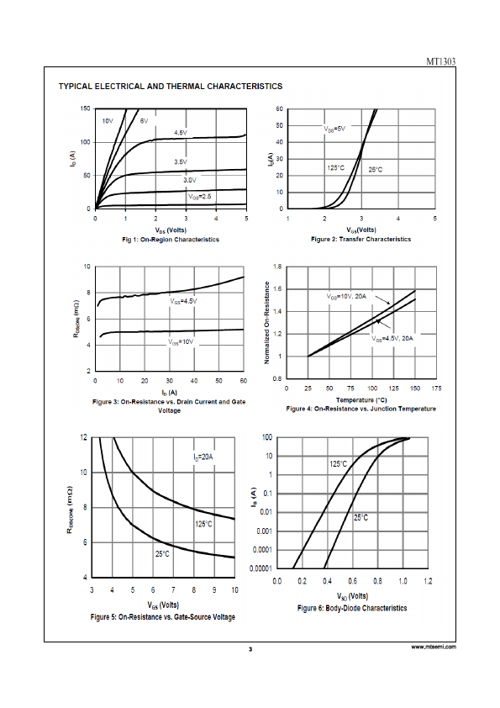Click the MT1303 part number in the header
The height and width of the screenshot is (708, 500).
pos(441,62)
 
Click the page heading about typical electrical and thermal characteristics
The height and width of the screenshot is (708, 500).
pos(171,87)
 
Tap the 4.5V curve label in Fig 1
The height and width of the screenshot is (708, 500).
pos(181,133)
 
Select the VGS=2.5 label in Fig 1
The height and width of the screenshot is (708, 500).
pos(199,197)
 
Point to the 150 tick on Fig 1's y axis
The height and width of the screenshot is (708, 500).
pos(85,108)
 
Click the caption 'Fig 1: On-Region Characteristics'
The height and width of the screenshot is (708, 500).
pos(171,240)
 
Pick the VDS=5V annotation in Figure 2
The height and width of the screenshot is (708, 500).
pos(334,129)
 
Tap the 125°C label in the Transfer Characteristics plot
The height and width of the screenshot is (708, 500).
pos(336,168)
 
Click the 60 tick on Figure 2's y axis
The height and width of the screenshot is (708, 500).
pos(279,108)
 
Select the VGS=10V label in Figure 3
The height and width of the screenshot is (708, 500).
pos(181,342)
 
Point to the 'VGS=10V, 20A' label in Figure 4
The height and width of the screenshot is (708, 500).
pos(346,297)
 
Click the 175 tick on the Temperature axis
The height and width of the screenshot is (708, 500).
pos(436,388)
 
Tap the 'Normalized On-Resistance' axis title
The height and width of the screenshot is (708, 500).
pos(266,323)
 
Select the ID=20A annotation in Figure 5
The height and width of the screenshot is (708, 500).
pos(203,457)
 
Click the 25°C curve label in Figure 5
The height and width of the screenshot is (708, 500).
pos(162,553)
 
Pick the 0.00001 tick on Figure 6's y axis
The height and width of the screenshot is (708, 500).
pos(261,568)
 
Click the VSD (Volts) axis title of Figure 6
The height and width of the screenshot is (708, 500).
pos(352,596)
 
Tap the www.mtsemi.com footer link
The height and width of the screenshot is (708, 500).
pos(434,647)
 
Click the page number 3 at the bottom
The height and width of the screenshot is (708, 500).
pos(250,649)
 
